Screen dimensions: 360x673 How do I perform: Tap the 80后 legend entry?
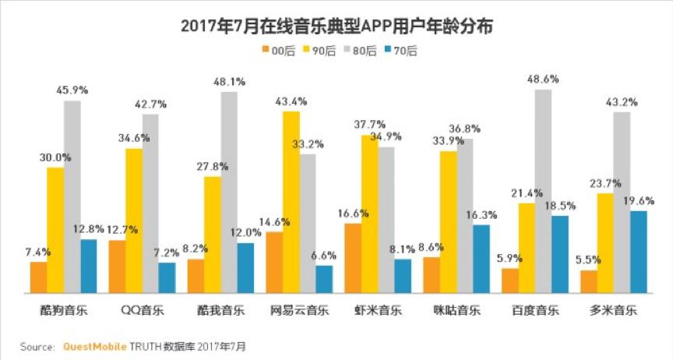360,51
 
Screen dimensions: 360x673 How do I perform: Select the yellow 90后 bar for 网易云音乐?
291,202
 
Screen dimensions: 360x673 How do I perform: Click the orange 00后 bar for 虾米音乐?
352,258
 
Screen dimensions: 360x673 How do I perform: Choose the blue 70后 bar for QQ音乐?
167,277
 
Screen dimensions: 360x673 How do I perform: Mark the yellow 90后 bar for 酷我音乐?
213,235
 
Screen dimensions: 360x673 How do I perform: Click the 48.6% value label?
544,79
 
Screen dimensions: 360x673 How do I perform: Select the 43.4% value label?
291,101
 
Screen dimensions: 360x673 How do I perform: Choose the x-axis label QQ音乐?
142,310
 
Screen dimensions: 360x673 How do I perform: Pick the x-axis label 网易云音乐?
299,310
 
